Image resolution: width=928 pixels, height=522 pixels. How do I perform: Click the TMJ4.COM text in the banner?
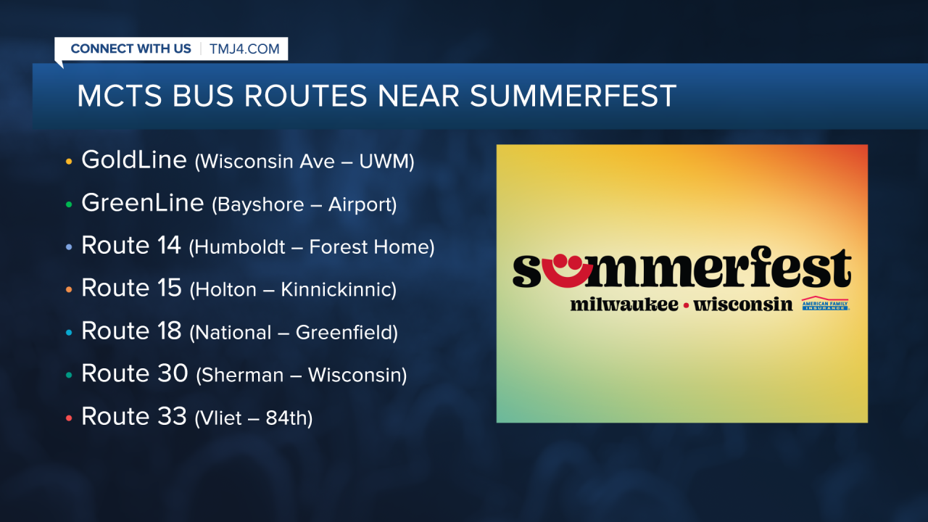(244, 49)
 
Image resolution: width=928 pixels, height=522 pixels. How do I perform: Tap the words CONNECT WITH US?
(130, 49)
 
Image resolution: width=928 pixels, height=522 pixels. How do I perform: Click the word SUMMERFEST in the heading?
(573, 96)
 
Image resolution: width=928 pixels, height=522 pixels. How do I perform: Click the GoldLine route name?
(134, 159)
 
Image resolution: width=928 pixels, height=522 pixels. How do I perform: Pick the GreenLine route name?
(142, 203)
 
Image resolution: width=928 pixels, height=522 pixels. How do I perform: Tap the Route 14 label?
(130, 246)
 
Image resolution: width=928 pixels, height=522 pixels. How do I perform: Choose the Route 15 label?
(130, 289)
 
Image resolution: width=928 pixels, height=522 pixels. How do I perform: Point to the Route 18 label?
(130, 331)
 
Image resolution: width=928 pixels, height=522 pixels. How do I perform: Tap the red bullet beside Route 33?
(69, 418)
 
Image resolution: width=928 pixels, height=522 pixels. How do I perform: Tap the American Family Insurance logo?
(824, 304)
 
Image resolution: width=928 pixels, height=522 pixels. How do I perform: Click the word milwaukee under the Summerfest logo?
(623, 304)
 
